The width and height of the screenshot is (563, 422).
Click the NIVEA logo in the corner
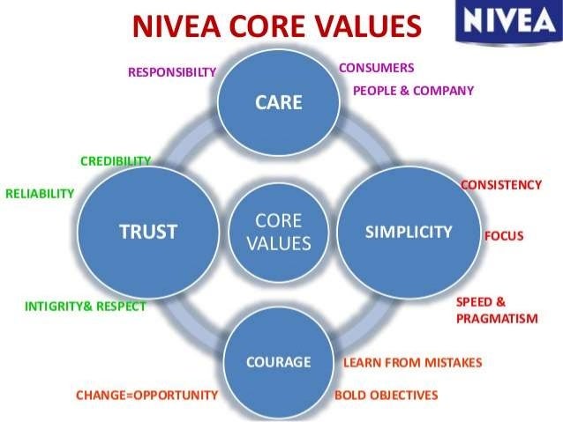click(x=507, y=22)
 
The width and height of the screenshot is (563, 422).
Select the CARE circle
click(x=279, y=102)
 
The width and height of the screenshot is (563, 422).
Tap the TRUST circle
click(x=148, y=232)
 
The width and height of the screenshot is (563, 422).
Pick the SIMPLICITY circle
click(x=409, y=232)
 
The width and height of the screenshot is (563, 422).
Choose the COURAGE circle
click(x=279, y=362)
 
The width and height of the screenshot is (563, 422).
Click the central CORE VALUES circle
click(x=278, y=232)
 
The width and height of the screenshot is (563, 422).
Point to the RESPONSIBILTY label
click(x=172, y=72)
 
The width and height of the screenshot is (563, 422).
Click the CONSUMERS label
click(x=376, y=67)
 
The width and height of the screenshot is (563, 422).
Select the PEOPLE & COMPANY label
click(x=413, y=90)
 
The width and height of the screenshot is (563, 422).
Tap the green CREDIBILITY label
click(x=116, y=161)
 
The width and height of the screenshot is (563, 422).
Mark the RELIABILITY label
click(x=40, y=194)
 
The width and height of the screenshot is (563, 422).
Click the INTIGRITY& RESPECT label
click(x=86, y=307)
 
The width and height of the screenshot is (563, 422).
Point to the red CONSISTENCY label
click(x=501, y=185)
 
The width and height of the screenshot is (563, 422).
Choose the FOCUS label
click(x=504, y=236)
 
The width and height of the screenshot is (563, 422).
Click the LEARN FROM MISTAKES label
click(x=412, y=362)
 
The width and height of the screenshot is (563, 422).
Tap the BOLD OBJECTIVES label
click(x=386, y=396)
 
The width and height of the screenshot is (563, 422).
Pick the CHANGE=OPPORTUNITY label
click(x=146, y=396)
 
